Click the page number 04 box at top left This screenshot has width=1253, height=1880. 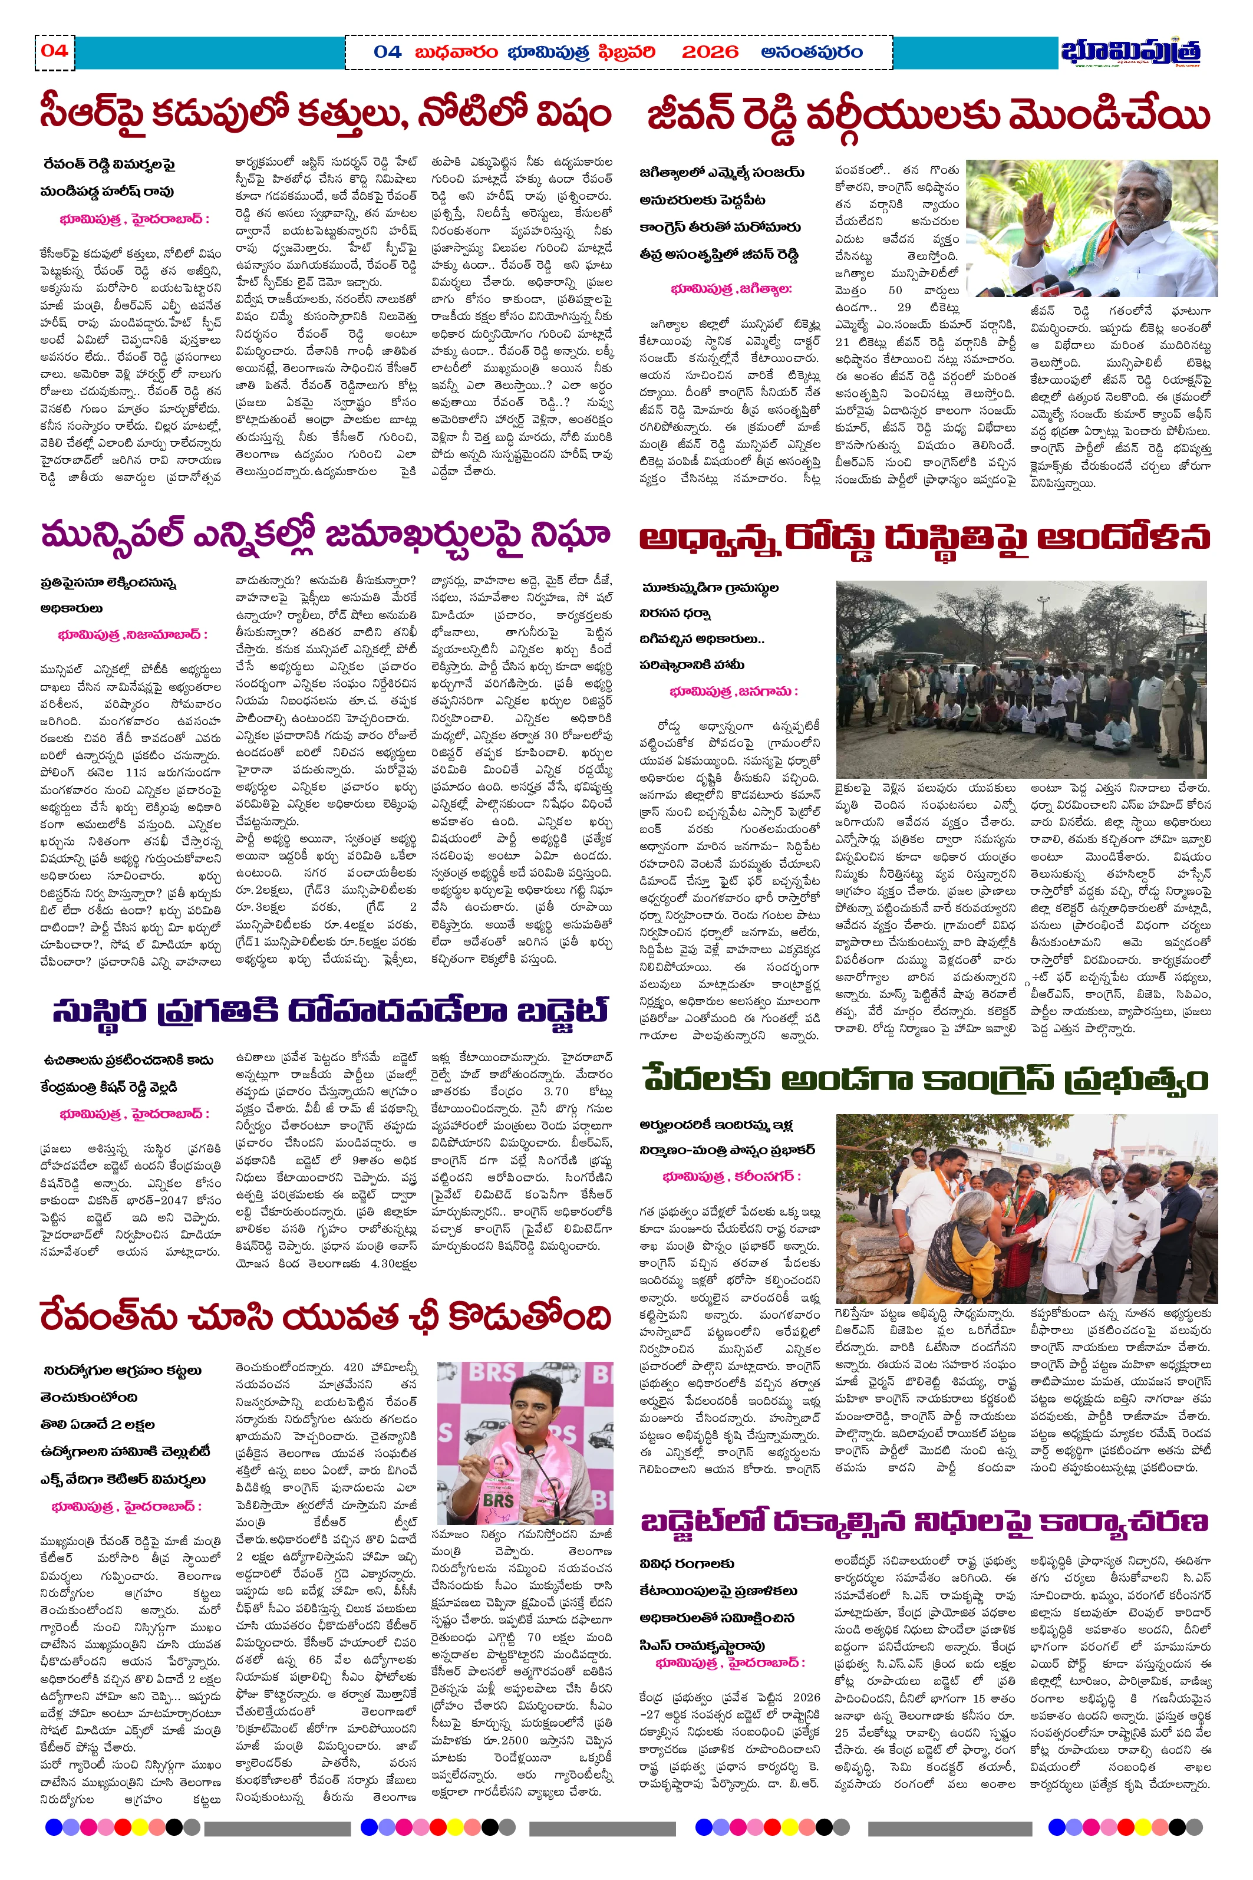54,52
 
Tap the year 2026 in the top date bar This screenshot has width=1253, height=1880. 710,52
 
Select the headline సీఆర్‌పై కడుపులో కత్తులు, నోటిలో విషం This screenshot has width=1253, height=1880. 325,114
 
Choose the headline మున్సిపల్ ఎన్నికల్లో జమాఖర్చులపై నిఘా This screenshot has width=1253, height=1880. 325,534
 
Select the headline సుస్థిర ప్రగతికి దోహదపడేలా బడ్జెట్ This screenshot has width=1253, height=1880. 330,1010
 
